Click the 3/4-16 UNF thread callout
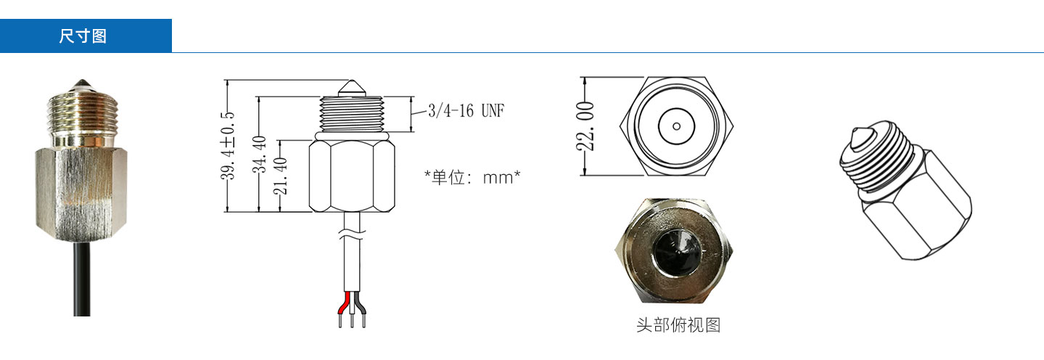pyautogui.click(x=466, y=111)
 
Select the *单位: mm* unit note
pyautogui.click(x=472, y=177)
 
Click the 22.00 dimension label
pyautogui.click(x=586, y=126)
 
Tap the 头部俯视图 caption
pyautogui.click(x=678, y=324)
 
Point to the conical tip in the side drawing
pyautogui.click(x=352, y=87)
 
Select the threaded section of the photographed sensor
pyautogui.click(x=81, y=116)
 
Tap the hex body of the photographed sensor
pyautogui.click(x=81, y=189)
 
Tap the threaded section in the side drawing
pyautogui.click(x=352, y=114)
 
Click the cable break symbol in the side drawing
pyautogui.click(x=352, y=235)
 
